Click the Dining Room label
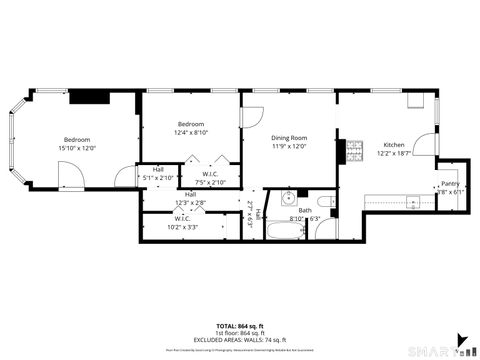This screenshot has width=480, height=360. tap(288, 138)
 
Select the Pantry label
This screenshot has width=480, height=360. tap(449, 184)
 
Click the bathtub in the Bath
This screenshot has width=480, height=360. tap(285, 232)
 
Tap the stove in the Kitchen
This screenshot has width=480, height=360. tap(354, 152)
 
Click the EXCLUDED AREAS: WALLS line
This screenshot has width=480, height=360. tap(239, 340)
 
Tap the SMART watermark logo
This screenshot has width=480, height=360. tap(440, 349)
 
